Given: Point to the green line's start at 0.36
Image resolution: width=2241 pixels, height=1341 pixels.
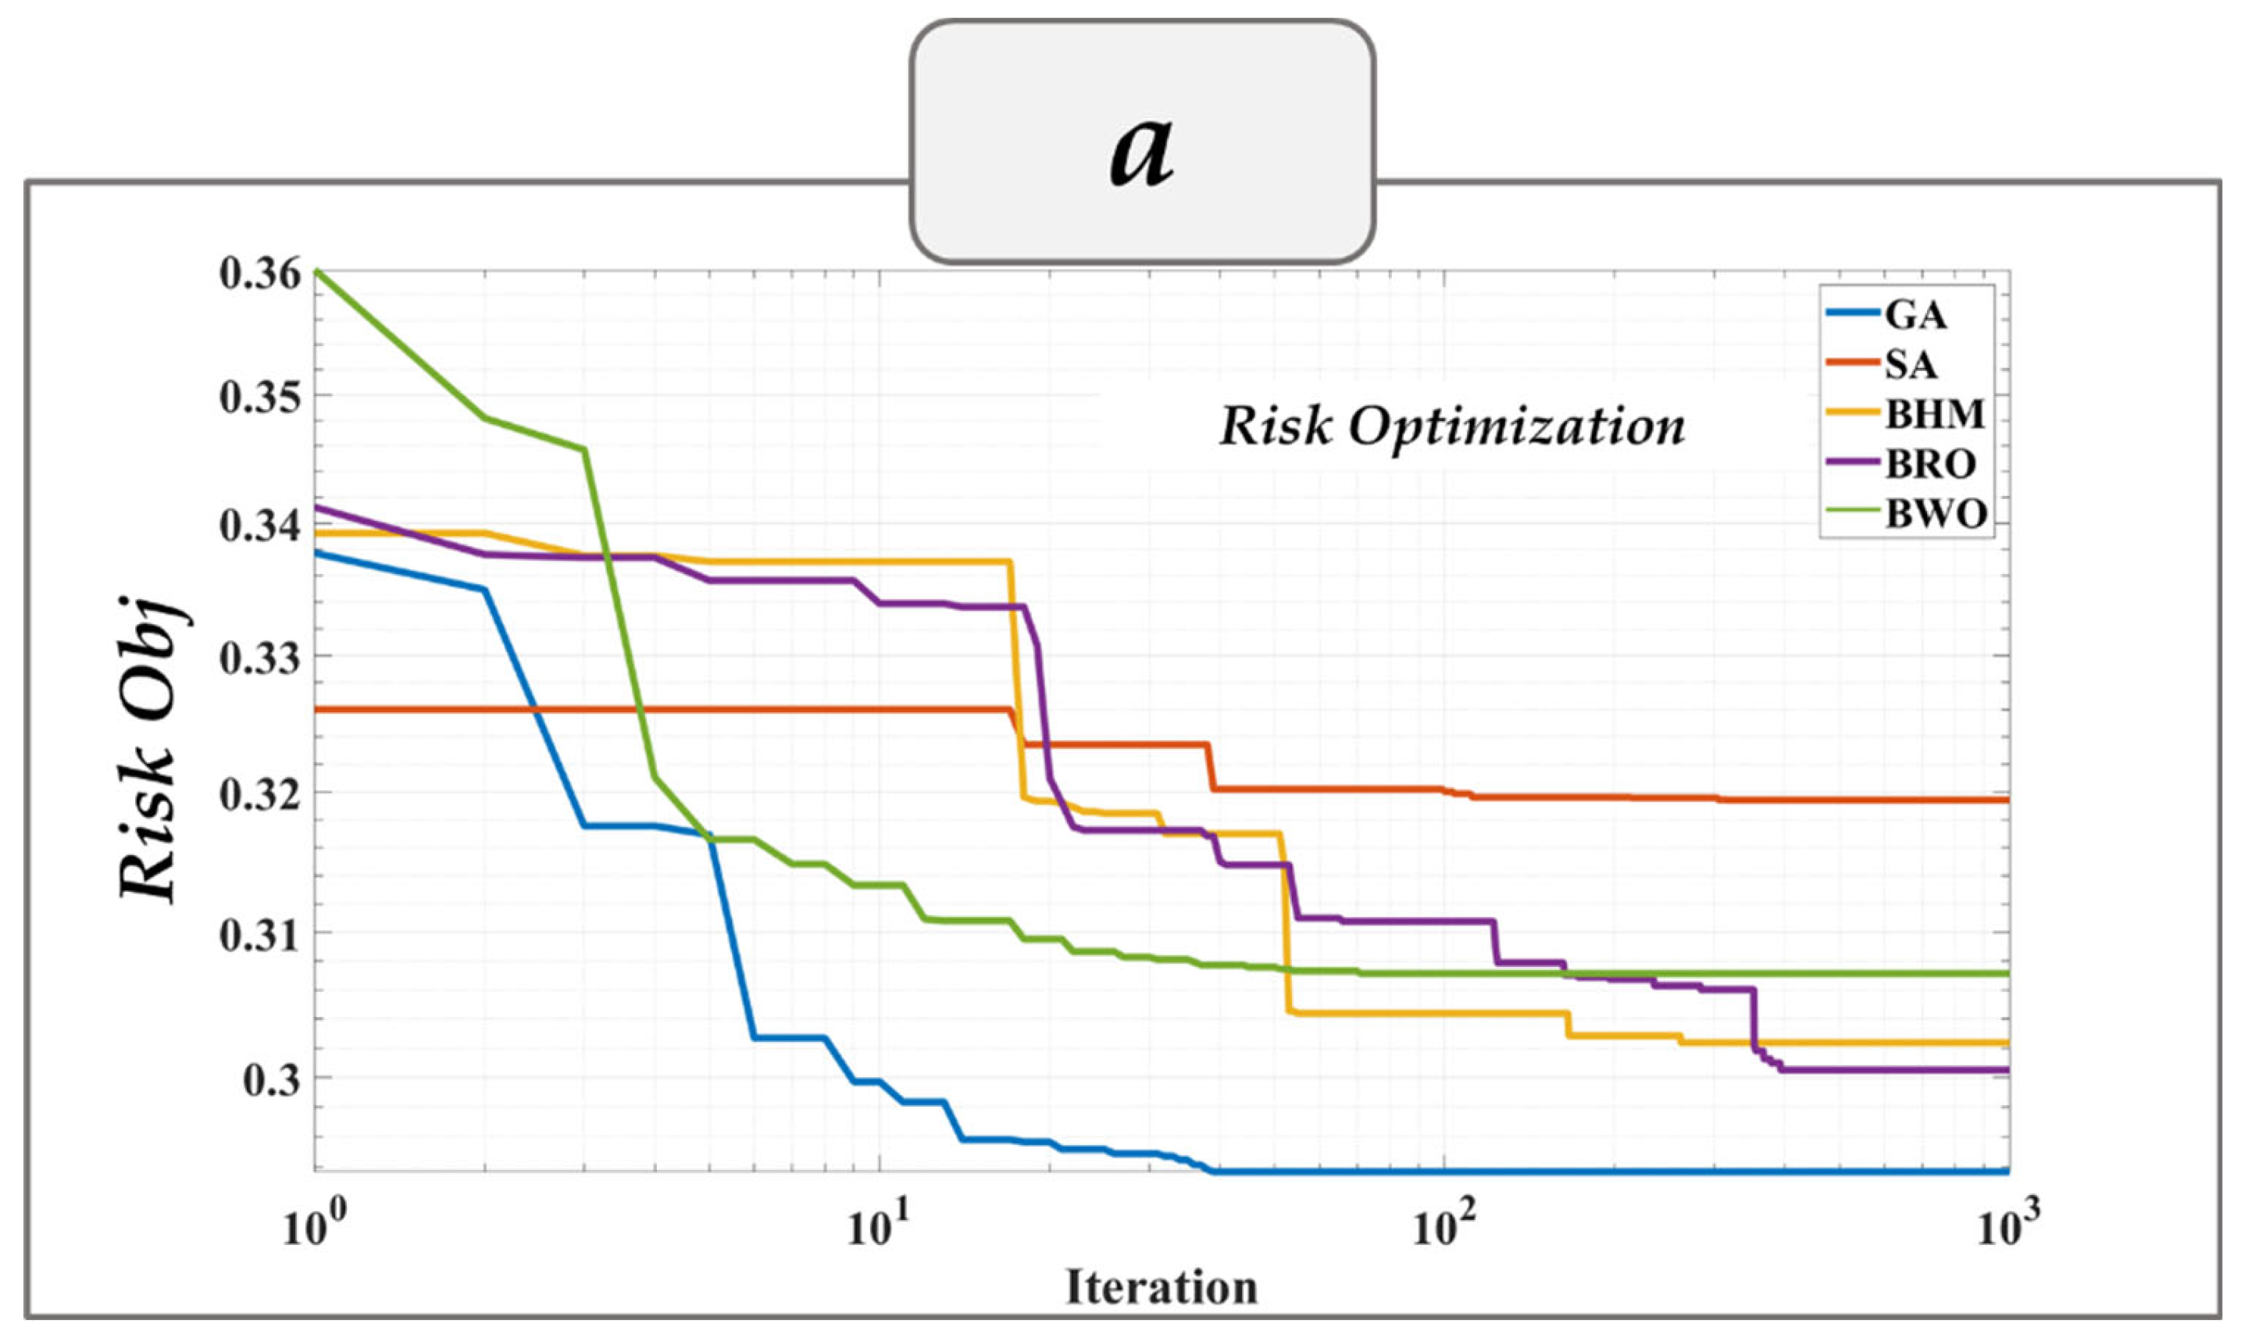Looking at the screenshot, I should (x=316, y=271).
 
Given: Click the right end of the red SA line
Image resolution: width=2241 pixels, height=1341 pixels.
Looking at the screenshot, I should (x=2006, y=800).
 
